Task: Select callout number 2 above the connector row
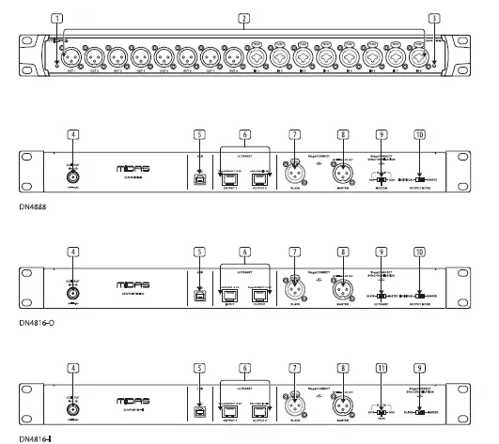point(244,18)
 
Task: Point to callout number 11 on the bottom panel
point(381,370)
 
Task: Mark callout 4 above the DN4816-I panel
point(71,370)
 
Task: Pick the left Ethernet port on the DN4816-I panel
point(228,411)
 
